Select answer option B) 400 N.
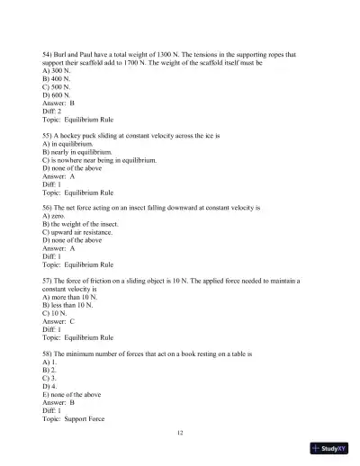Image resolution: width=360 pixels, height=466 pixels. coord(60,78)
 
